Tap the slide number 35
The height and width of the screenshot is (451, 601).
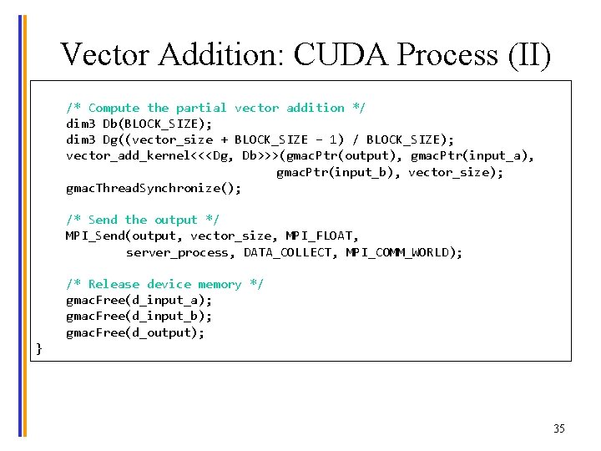tap(558, 428)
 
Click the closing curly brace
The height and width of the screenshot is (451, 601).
tap(38, 348)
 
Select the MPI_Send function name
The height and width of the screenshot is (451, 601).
tap(95, 236)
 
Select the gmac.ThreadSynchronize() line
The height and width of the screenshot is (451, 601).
tap(154, 188)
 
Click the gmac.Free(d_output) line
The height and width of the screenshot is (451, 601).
tap(135, 332)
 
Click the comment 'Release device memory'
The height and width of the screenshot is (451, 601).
tap(165, 284)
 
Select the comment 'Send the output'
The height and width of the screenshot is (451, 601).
tap(143, 220)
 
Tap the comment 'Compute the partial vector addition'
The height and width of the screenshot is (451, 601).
tap(216, 108)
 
